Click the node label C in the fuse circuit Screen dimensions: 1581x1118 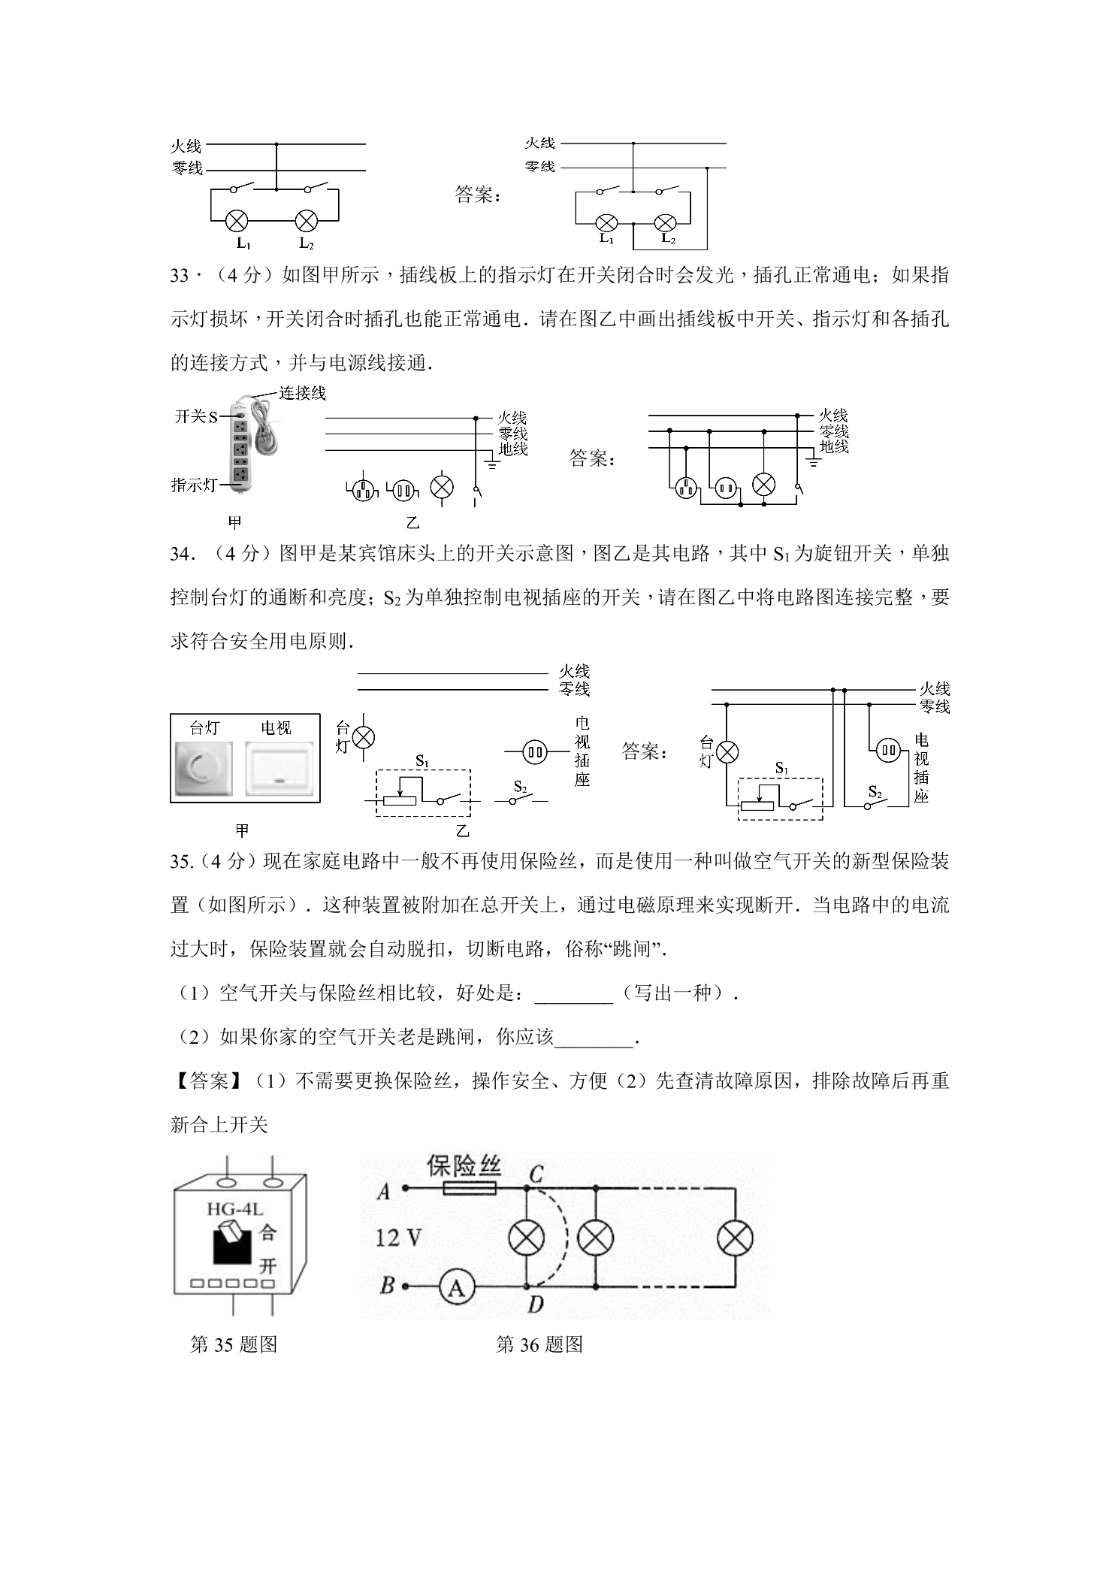pyautogui.click(x=536, y=1172)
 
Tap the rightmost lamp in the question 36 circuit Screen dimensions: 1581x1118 pyautogui.click(x=730, y=1238)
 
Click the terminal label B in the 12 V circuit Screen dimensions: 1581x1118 pyautogui.click(x=388, y=1285)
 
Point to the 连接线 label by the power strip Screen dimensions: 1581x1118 pyautogui.click(x=302, y=393)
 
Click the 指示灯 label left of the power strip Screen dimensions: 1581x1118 pyautogui.click(x=194, y=485)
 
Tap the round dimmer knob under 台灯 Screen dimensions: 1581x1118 pyautogui.click(x=203, y=768)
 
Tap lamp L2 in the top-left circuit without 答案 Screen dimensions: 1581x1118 pyautogui.click(x=306, y=221)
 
